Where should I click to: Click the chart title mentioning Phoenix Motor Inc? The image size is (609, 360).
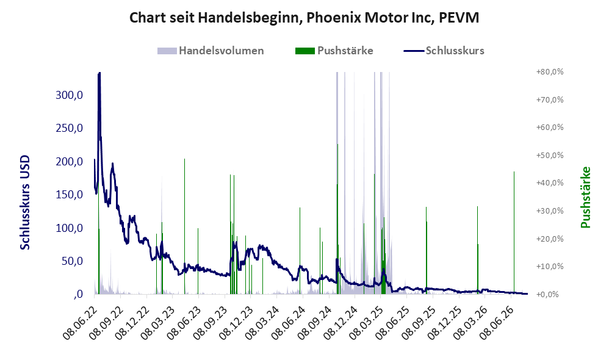pyautogui.click(x=304, y=18)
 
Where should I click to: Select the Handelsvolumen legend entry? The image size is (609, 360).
pyautogui.click(x=211, y=51)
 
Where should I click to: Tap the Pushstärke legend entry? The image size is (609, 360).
pyautogui.click(x=334, y=51)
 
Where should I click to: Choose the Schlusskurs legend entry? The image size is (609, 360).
pyautogui.click(x=444, y=51)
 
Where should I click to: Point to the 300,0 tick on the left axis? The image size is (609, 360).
pyautogui.click(x=69, y=95)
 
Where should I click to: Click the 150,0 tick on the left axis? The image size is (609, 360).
pyautogui.click(x=69, y=195)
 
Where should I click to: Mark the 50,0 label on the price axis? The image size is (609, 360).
pyautogui.click(x=72, y=261)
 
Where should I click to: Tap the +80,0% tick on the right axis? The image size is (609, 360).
pyautogui.click(x=550, y=72)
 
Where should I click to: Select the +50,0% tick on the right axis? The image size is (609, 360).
pyautogui.click(x=550, y=156)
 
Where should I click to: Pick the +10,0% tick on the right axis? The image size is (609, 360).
pyautogui.click(x=550, y=267)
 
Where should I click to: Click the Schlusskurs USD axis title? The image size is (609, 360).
pyautogui.click(x=25, y=203)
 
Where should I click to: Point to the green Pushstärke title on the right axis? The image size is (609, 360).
pyautogui.click(x=585, y=197)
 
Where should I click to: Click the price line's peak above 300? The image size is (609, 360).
pyautogui.click(x=99, y=73)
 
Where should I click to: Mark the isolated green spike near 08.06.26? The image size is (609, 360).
pyautogui.click(x=514, y=232)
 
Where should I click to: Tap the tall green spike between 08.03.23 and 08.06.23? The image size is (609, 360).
pyautogui.click(x=184, y=226)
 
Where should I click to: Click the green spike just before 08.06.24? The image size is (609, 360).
pyautogui.click(x=300, y=251)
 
